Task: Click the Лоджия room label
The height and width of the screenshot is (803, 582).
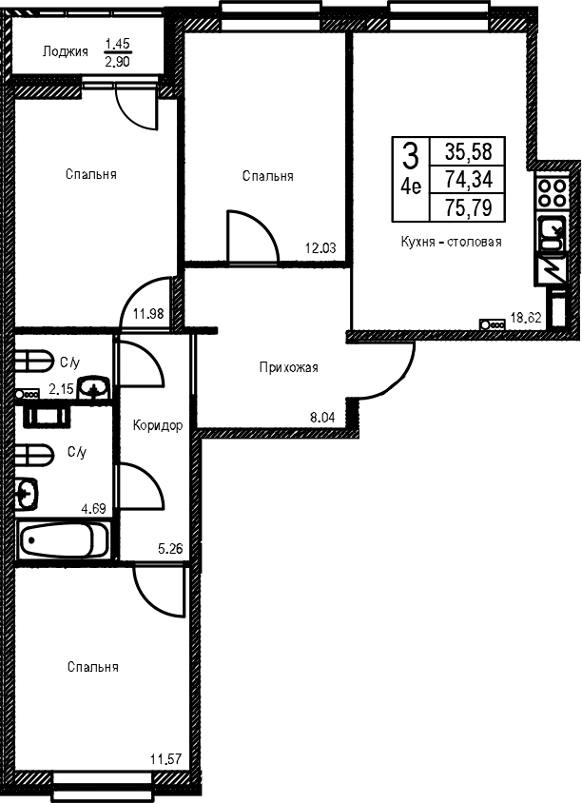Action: [65, 51]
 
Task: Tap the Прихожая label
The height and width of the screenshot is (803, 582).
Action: [289, 367]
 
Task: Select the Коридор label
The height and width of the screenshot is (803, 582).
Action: [158, 425]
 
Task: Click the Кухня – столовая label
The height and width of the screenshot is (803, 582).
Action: [451, 242]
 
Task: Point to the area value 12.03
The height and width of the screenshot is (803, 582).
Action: [320, 248]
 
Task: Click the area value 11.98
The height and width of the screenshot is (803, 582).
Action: [148, 313]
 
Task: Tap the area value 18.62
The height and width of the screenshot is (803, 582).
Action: [526, 318]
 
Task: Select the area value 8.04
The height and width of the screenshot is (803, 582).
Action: [322, 418]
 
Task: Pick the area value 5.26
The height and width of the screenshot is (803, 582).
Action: [170, 549]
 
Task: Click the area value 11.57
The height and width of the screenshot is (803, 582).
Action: [166, 758]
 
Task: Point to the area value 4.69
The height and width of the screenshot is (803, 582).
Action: [94, 508]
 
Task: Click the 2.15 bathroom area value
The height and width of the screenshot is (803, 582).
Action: [61, 390]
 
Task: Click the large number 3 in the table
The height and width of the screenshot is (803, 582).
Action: [411, 156]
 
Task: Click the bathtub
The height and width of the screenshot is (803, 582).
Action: [64, 539]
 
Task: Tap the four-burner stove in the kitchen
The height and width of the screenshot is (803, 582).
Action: [552, 192]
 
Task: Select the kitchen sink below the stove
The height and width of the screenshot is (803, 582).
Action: [552, 233]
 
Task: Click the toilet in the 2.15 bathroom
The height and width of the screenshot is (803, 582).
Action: [32, 361]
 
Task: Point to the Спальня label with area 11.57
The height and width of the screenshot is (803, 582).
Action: [92, 667]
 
